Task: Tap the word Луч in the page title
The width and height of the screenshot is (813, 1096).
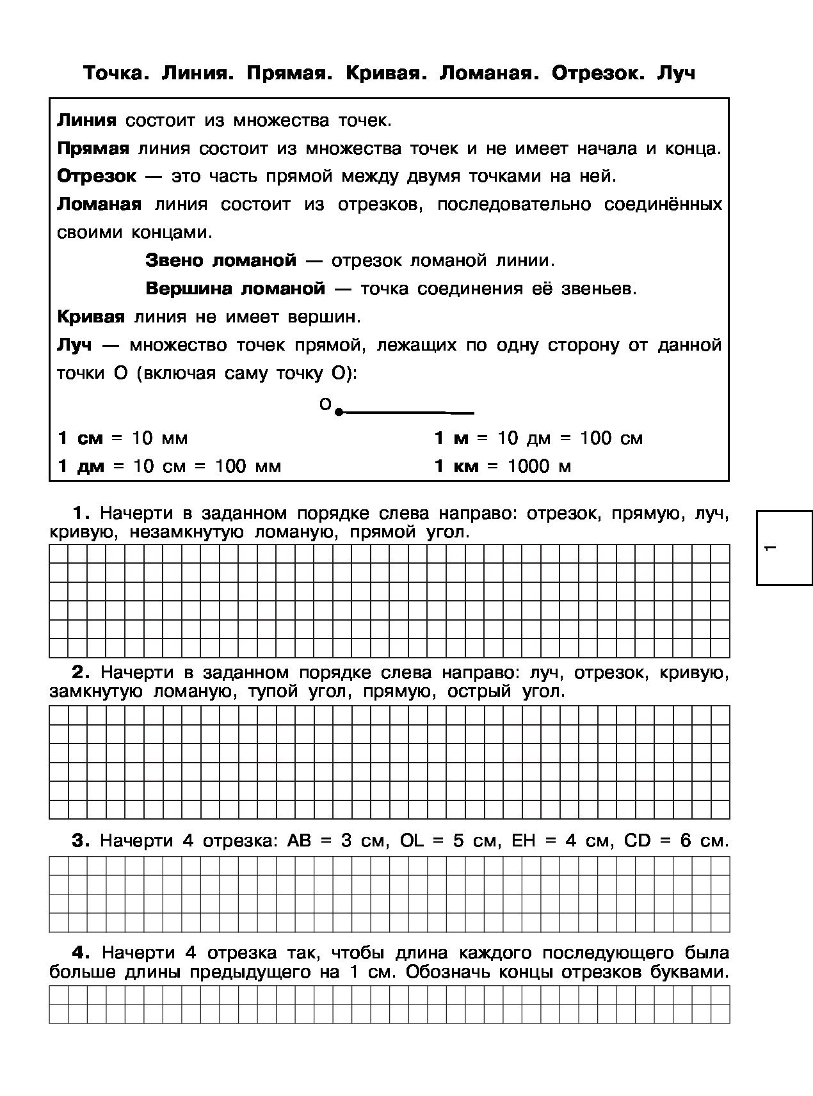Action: [x=675, y=74]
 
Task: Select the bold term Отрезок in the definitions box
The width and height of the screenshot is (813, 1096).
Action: [x=97, y=177]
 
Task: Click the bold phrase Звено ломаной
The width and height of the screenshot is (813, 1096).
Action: [x=221, y=260]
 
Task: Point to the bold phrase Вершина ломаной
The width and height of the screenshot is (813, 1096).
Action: [x=236, y=289]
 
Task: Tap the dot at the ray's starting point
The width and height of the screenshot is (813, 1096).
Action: [x=339, y=413]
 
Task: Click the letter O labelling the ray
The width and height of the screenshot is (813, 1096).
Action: [x=325, y=404]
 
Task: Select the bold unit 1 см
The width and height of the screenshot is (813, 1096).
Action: [x=80, y=438]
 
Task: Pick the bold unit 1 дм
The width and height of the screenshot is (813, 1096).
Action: [x=81, y=466]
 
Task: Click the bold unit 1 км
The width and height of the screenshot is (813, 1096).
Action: [x=456, y=466]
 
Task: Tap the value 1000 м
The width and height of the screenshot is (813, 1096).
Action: [x=539, y=466]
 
